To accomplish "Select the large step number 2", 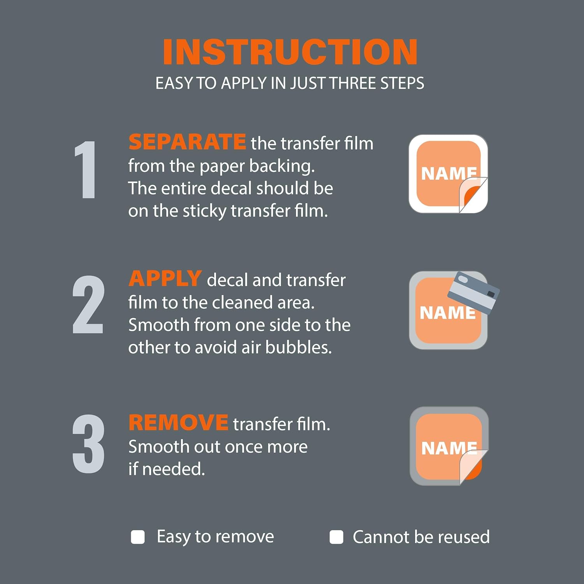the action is tap(88, 304).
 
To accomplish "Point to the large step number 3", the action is tap(88, 443).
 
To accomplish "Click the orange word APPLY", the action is tap(165, 278).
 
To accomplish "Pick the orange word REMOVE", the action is tap(178, 422).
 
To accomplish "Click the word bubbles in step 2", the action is tap(299, 347).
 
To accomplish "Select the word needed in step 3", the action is tap(173, 469).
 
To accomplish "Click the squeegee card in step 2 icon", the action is tap(473, 292).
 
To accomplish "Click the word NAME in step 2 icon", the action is tap(448, 313).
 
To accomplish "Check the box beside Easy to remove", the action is tap(138, 537).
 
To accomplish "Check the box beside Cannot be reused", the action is tap(336, 537).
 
